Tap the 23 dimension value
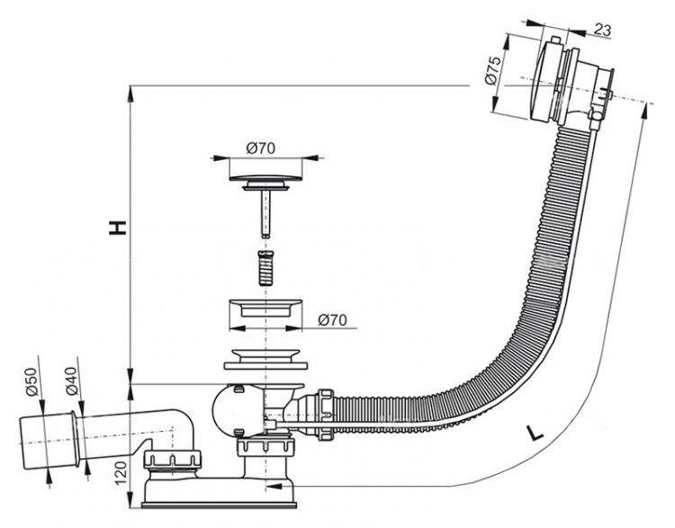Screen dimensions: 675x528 [603, 30]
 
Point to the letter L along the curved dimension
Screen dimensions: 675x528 [535, 434]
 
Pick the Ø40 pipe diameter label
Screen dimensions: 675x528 [71, 381]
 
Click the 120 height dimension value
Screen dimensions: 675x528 [121, 471]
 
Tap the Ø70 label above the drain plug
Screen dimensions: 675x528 [261, 148]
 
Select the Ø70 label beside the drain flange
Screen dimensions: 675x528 [332, 320]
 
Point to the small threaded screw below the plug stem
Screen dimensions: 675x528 [265, 267]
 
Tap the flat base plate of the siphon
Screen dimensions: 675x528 [219, 504]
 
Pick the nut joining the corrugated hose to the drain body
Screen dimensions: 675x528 [326, 414]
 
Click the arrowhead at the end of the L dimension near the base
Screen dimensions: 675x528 [274, 487]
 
